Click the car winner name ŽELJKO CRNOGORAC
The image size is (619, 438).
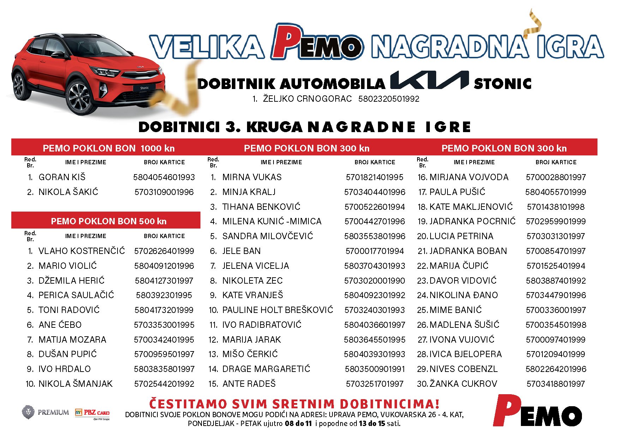click(307, 99)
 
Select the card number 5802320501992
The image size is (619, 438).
click(389, 99)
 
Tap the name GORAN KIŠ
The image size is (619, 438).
click(62, 177)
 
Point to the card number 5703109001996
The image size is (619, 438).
click(164, 192)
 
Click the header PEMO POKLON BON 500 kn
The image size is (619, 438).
click(108, 221)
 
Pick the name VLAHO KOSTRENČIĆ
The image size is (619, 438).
click(82, 251)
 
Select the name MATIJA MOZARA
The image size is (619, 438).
click(72, 340)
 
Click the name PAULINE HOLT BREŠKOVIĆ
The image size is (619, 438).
click(278, 310)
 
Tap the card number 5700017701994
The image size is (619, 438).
click(374, 251)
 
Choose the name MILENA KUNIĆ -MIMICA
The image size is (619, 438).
click(272, 221)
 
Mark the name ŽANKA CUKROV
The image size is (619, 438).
click(463, 384)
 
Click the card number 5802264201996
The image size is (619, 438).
click(556, 369)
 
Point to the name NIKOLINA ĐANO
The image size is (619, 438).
click(464, 295)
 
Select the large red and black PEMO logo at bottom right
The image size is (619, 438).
click(537, 412)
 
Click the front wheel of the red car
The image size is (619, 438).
click(80, 97)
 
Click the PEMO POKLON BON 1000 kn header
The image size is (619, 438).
click(108, 148)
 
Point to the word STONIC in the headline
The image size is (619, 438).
click(503, 84)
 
